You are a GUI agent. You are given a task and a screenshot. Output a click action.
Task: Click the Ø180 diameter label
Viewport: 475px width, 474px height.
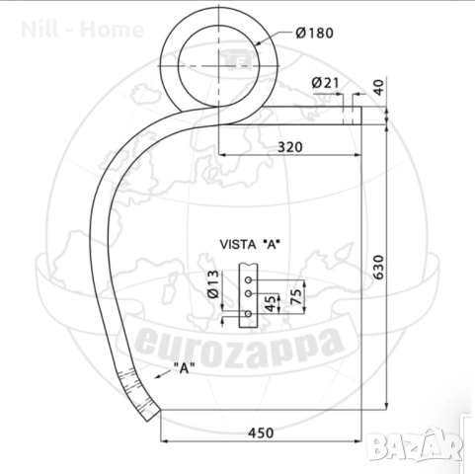pos(314,33)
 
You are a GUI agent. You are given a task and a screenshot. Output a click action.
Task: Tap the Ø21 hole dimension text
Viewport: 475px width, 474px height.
pos(325,83)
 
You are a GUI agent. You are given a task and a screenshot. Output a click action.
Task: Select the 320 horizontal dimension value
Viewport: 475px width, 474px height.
pos(290,147)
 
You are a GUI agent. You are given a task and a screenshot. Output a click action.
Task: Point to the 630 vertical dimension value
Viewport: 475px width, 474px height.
pos(379,268)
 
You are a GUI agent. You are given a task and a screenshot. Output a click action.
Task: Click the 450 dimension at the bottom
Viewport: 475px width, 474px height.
pos(261,433)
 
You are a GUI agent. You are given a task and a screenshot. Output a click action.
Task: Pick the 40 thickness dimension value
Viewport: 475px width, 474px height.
pos(379,87)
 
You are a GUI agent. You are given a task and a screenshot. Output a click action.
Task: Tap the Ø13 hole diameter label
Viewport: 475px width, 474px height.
pos(213,284)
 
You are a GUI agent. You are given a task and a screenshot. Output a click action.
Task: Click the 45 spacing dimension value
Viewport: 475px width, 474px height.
pos(270,303)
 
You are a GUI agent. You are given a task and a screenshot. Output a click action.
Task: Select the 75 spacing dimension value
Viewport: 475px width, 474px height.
pos(296,296)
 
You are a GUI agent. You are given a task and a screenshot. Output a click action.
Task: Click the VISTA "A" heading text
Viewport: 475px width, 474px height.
pos(250,245)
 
